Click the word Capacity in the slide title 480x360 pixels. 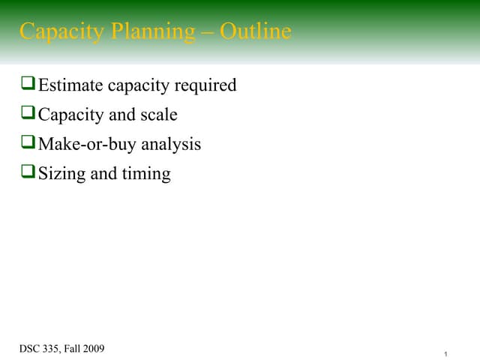point(55,32)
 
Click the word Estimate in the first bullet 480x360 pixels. point(70,85)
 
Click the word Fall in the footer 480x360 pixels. point(76,348)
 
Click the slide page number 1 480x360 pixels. point(445,353)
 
